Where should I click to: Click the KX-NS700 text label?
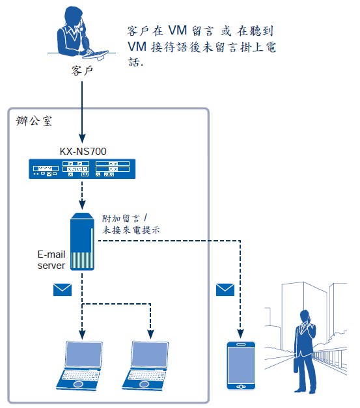click(83, 151)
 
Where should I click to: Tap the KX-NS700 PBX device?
click(82, 169)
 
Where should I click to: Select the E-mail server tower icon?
click(82, 241)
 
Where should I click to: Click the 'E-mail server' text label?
click(51, 260)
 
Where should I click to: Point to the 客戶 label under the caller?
click(82, 71)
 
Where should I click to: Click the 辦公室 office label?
click(34, 121)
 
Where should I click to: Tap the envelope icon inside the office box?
click(62, 290)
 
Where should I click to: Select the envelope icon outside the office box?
click(225, 290)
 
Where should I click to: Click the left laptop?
click(80, 365)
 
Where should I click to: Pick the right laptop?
click(146, 365)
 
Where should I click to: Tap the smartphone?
click(241, 365)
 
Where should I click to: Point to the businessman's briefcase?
click(296, 365)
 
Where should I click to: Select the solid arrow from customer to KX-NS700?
click(82, 112)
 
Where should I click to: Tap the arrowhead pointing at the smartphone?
click(240, 334)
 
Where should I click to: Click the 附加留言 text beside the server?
click(121, 218)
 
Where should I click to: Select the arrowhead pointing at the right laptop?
click(150, 334)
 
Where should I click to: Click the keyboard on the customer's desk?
click(95, 55)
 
